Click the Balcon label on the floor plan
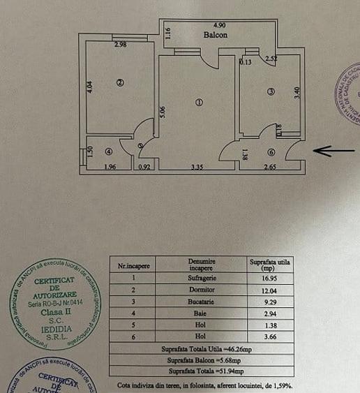[x=215, y=34]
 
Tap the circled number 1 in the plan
[x=199, y=103]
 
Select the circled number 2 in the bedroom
[x=120, y=83]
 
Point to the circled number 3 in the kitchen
[x=271, y=91]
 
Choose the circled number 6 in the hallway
[x=271, y=152]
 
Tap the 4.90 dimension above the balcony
[x=219, y=26]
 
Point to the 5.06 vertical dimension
[x=163, y=112]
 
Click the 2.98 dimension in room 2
[x=120, y=45]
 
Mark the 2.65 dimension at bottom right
[x=270, y=167]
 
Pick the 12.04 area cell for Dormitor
[x=270, y=289]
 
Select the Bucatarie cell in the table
[x=202, y=302]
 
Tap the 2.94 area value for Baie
[x=270, y=314]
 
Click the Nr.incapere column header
[x=134, y=265]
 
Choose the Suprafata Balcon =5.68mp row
[x=202, y=360]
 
